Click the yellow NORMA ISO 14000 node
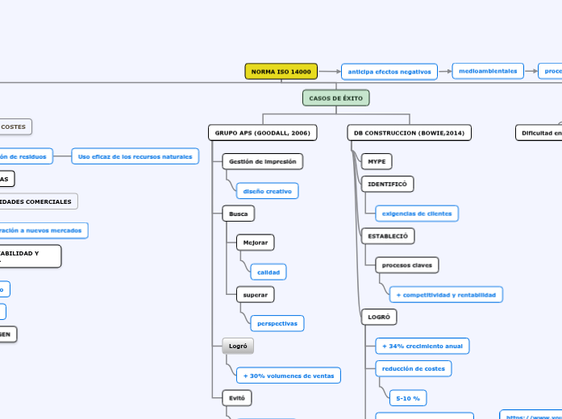[x=281, y=72]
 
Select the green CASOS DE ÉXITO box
[x=336, y=98]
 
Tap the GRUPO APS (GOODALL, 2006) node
[x=262, y=132]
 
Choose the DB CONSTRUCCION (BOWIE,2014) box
[x=410, y=132]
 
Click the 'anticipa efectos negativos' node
[x=389, y=72]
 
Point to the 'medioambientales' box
[x=488, y=71]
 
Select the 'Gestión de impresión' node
[x=262, y=161]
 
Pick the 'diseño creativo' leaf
[x=268, y=191]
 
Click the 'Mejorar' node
[x=255, y=243]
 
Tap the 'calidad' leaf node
[x=269, y=272]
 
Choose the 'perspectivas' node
[x=277, y=323]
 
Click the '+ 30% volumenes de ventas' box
[x=288, y=375]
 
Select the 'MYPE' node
[x=377, y=161]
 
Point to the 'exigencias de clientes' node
[x=417, y=214]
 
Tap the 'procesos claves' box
[x=406, y=264]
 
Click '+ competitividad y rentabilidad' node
[x=446, y=295]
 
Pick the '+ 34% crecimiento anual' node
[x=422, y=346]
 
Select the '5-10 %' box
[x=407, y=398]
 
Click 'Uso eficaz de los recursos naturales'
[x=135, y=156]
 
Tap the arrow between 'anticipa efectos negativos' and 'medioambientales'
[x=445, y=71]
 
